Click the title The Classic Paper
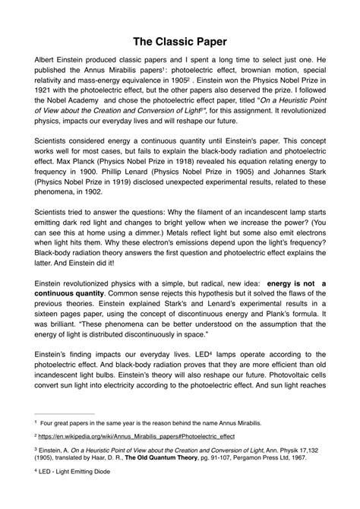[x=180, y=39]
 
